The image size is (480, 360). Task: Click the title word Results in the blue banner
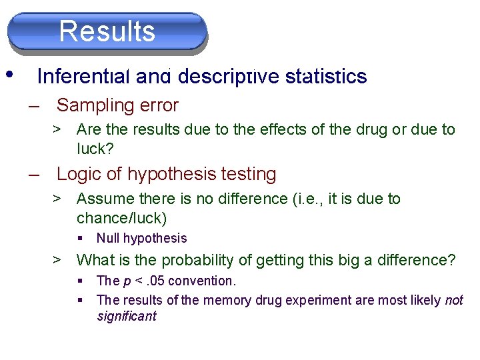point(107,31)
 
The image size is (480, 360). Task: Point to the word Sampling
point(95,105)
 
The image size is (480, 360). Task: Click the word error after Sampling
point(159,105)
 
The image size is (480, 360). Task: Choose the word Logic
point(78,174)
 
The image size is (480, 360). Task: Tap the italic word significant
point(126,316)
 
